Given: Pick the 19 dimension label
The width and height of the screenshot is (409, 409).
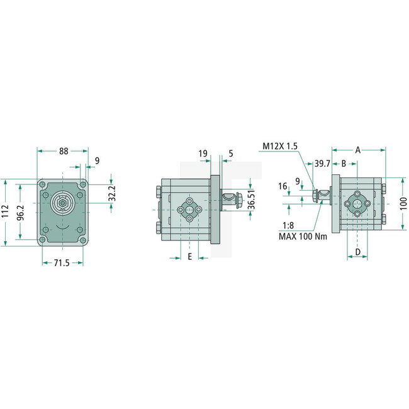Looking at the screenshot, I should coord(203,153).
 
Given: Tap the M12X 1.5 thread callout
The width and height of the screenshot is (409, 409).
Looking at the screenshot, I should coord(281,147).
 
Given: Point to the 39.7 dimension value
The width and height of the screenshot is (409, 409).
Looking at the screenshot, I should coord(322,163).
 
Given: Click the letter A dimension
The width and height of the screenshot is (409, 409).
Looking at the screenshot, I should coord(357,150).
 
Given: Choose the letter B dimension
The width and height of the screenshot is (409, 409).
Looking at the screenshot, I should coord(344,163).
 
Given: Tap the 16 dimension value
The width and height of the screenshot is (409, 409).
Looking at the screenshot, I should coord(283,186).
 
